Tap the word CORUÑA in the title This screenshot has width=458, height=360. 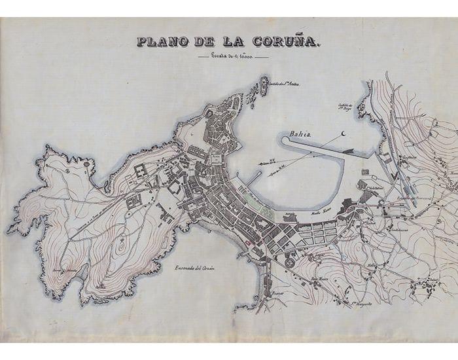click(287, 42)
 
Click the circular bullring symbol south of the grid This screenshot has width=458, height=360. click(290, 262)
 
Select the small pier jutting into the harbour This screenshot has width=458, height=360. click(254, 177)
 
